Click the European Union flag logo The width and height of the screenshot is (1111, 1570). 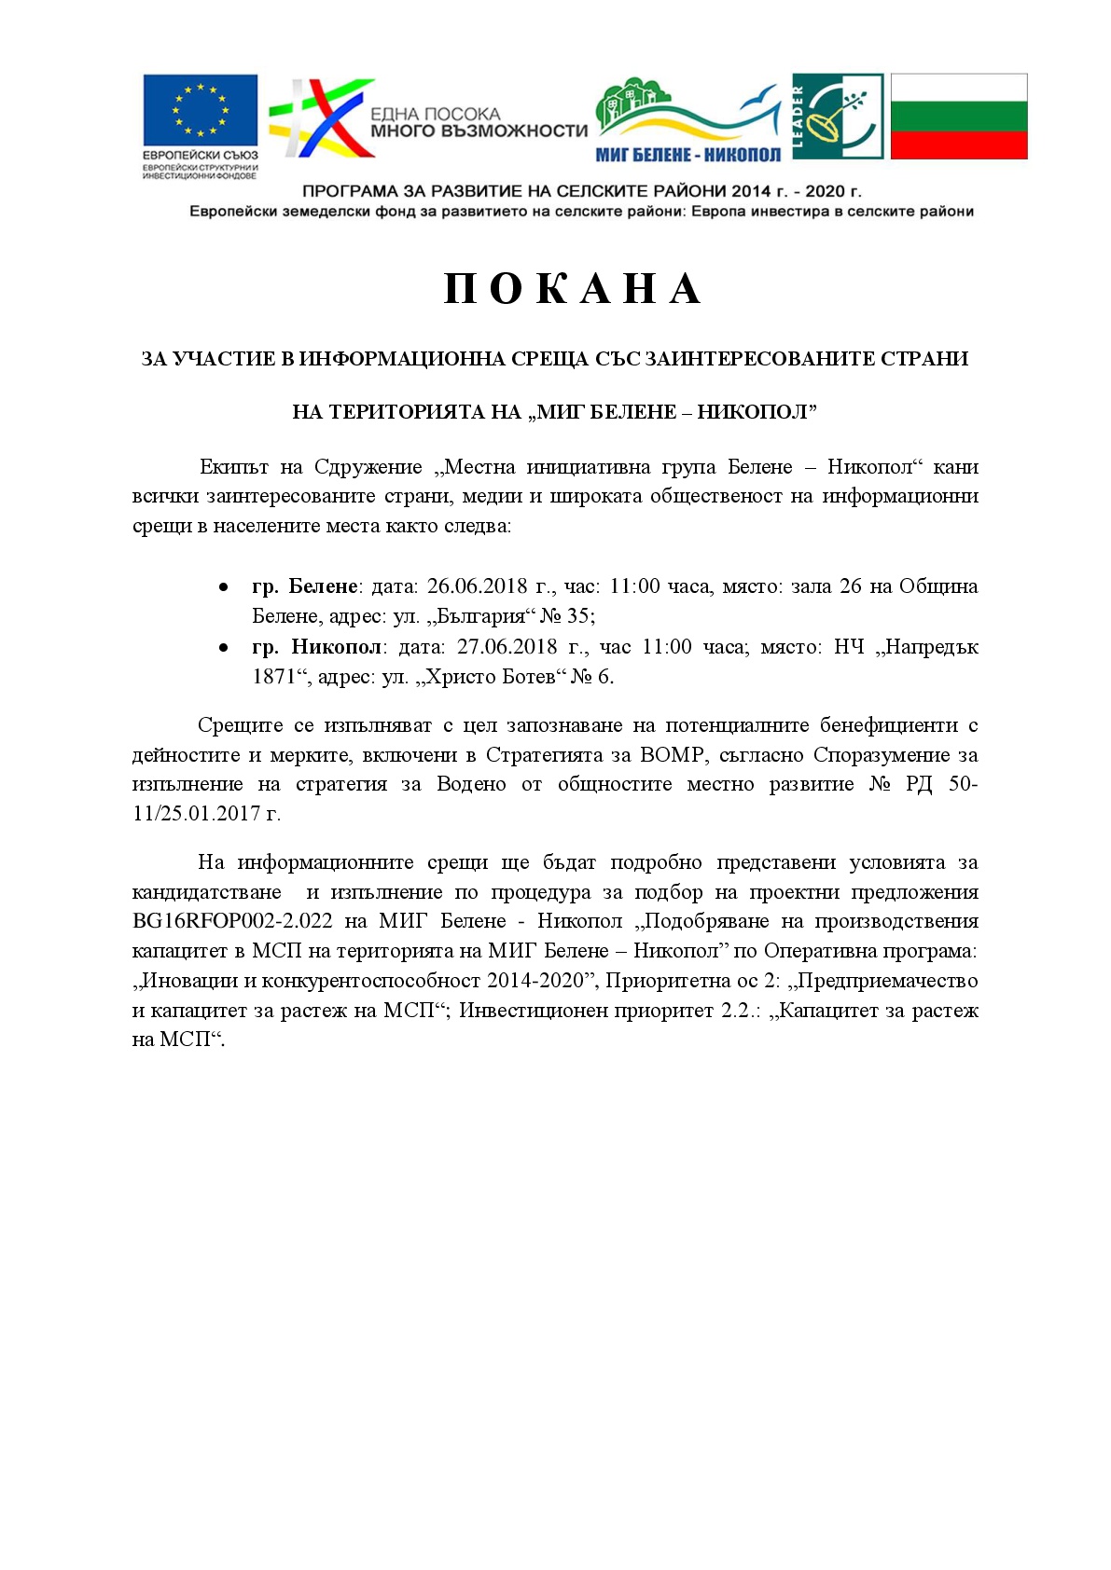point(200,110)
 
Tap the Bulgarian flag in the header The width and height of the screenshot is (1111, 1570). point(958,117)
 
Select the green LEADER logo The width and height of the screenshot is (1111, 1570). point(837,117)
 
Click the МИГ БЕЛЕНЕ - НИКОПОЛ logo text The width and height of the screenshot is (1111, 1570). point(687,155)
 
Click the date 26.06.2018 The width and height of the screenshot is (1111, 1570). point(478,586)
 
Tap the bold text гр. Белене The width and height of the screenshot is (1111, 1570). point(305,586)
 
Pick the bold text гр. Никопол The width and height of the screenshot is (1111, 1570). point(316,647)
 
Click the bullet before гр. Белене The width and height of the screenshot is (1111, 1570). point(223,587)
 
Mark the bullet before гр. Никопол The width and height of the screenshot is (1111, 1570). point(223,648)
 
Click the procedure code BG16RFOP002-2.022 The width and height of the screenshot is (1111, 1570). point(232,921)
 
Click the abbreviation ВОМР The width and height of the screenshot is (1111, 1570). point(674,754)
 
